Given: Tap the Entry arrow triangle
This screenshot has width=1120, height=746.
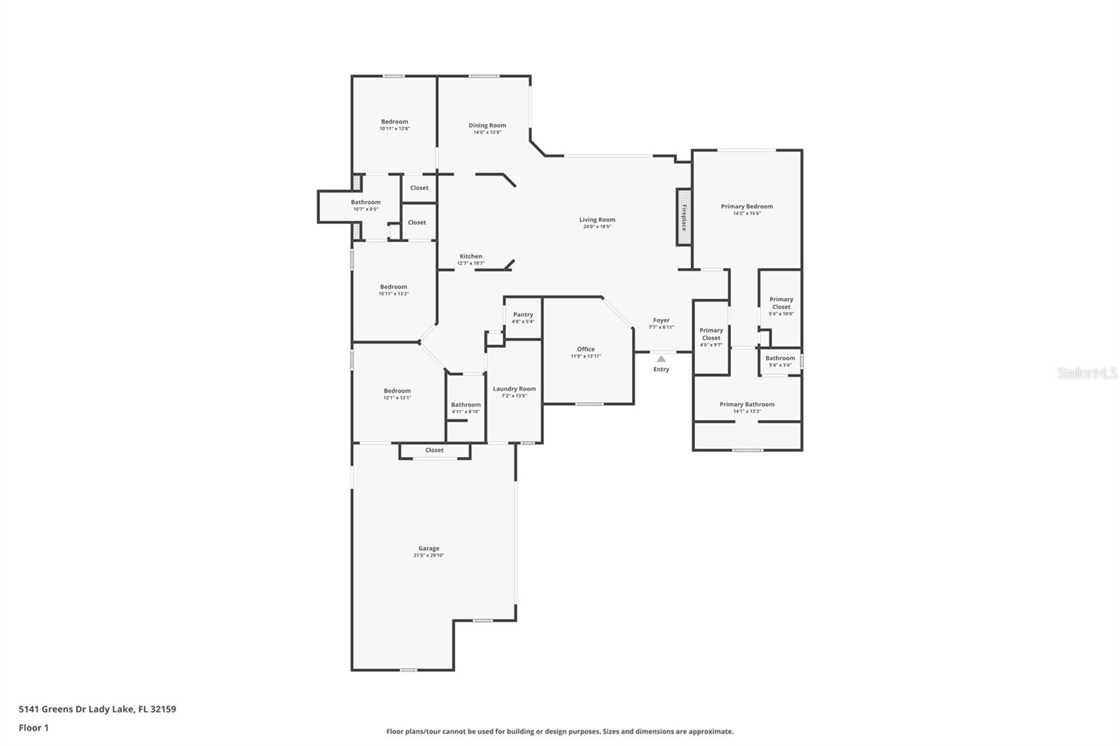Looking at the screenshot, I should point(661,359).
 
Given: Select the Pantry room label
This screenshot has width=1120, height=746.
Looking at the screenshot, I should point(523,315).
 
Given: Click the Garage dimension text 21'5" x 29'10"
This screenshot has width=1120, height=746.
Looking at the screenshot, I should point(428,556).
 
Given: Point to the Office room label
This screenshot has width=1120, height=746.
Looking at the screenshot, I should point(586,349).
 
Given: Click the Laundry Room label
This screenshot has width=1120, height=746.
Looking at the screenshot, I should point(514,389).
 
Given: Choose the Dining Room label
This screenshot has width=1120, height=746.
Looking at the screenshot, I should point(487,125).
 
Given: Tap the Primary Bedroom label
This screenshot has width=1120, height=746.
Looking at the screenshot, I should point(747,206).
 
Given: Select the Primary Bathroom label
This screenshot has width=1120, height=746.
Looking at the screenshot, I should point(747,404).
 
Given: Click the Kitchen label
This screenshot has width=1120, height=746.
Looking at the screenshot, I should point(470,256).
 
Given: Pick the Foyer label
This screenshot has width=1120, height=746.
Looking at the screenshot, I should point(661,321).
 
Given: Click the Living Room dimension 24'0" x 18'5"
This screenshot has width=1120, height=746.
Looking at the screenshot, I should point(597,227).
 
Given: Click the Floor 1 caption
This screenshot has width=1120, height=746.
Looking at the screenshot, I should point(34,728).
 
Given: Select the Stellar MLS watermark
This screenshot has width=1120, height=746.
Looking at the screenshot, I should point(1086,374).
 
